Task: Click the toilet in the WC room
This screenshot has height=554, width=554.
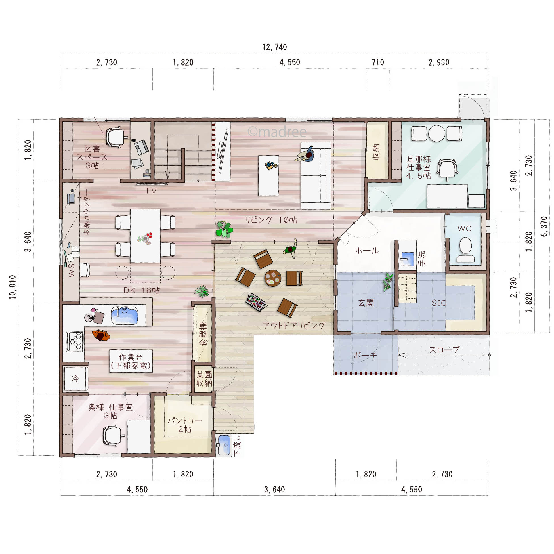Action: [x=465, y=249]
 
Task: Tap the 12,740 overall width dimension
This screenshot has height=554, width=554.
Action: [x=274, y=47]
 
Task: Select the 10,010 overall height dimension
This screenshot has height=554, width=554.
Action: [x=12, y=287]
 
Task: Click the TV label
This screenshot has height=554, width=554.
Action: [x=150, y=191]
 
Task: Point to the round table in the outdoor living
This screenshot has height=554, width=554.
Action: [x=272, y=278]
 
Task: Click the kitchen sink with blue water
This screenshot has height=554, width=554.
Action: [x=124, y=315]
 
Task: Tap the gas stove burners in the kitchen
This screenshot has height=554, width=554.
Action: [x=75, y=341]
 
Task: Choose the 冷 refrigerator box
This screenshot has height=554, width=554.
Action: [x=76, y=379]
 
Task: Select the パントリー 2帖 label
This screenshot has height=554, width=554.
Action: [x=185, y=425]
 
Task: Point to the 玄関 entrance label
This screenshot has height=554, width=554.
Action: [x=366, y=303]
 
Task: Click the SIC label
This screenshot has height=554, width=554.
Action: [x=439, y=303]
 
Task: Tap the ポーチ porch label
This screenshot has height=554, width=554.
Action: [x=365, y=355]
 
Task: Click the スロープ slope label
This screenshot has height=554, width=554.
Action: [x=444, y=350]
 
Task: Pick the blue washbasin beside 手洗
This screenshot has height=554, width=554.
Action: [x=407, y=259]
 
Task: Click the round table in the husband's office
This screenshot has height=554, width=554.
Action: [x=437, y=133]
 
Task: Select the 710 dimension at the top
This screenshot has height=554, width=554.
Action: [x=378, y=62]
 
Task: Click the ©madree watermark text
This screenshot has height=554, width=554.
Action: [x=277, y=132]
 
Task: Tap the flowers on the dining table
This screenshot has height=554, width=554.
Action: [x=145, y=239]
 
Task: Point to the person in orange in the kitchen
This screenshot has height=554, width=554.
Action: [x=101, y=335]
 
